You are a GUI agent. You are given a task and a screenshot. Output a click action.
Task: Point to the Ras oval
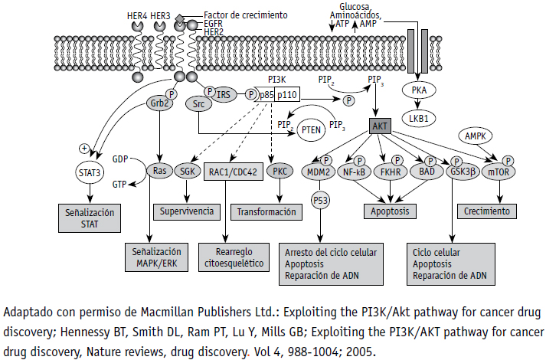coord(160,172)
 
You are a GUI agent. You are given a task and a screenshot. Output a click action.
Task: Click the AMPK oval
coord(480,136)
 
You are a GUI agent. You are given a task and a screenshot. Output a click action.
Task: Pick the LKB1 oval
coord(418,119)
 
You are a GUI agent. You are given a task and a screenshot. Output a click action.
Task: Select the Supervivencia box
coord(190,211)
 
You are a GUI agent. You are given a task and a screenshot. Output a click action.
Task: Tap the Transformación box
coord(266,212)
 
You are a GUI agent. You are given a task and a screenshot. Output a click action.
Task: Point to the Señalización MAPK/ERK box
coord(156,257)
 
